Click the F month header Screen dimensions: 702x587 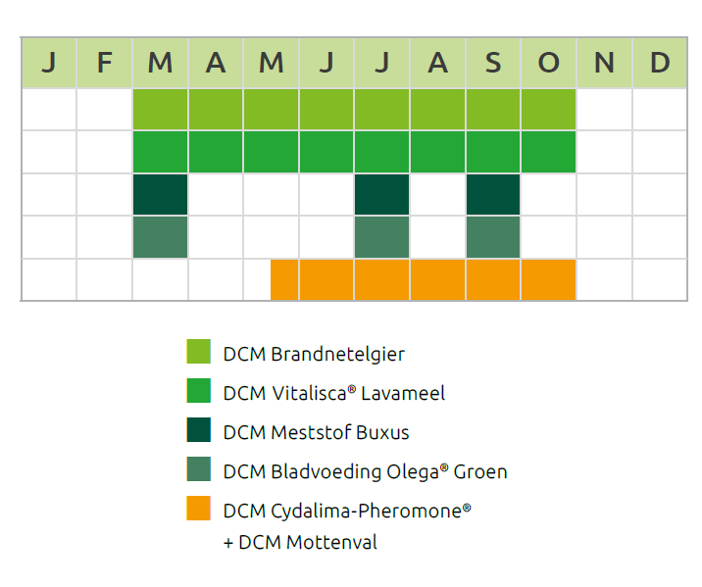tap(104, 63)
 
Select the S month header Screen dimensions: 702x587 tap(493, 63)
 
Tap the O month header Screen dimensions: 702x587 tap(548, 63)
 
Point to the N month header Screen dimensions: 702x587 tap(604, 63)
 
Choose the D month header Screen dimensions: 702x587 tap(660, 63)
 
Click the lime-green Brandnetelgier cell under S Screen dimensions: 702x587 tap(493, 109)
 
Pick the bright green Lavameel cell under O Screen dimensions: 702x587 tap(548, 152)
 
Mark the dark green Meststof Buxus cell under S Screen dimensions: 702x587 tap(493, 195)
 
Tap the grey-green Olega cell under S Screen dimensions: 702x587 tap(493, 237)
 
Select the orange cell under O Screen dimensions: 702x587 tap(548, 279)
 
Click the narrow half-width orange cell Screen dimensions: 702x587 tap(284, 279)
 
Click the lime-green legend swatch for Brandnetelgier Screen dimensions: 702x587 tap(198, 351)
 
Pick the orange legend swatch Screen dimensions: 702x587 tap(198, 508)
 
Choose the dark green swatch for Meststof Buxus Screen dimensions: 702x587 tap(198, 429)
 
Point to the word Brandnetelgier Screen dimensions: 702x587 tap(337, 355)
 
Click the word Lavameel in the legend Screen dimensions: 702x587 tap(403, 393)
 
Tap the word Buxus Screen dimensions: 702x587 tap(382, 432)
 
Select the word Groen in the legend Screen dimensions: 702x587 tap(480, 472)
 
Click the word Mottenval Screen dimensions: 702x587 tap(331, 542)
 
